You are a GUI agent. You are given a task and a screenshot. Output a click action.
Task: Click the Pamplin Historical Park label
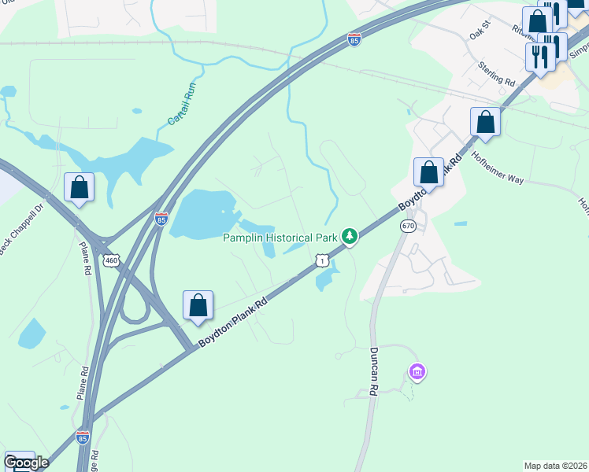coord(280,238)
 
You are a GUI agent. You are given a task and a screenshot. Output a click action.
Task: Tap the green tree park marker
coord(349,236)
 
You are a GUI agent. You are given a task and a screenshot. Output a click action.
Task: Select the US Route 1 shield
coord(320,259)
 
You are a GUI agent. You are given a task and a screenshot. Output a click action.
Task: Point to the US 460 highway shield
coord(113,260)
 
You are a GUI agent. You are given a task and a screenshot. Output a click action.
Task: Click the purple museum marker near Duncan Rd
coord(417,371)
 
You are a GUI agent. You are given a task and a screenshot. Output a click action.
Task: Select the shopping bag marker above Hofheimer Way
coord(485,123)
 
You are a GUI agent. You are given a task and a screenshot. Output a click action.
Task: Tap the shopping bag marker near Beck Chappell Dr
coord(79,187)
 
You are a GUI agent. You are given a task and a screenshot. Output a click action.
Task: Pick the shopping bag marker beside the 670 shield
coord(428,172)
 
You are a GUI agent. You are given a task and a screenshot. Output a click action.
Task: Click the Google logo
coord(27,463)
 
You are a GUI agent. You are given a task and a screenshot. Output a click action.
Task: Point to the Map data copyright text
coord(555,466)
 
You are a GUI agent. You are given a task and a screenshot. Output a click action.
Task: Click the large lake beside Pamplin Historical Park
coord(203,214)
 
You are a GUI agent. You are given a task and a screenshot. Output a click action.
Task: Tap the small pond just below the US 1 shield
coord(325,277)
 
